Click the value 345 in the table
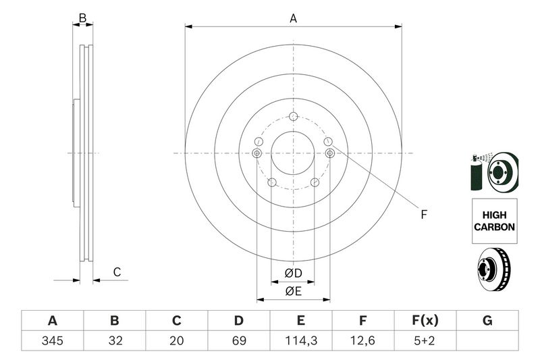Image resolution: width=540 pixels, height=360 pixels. pos(53,340)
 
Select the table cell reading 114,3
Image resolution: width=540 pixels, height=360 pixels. pos(300,340)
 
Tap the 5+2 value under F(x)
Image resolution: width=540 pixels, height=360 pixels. pos(425,340)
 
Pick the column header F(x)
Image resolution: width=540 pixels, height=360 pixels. pos(425,320)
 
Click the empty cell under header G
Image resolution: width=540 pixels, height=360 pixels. pos(487,340)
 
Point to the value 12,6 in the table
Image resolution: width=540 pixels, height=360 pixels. pos(362,340)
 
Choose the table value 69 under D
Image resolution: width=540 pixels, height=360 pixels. pos(239,340)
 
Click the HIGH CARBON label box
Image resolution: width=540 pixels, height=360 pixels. pos(495,221)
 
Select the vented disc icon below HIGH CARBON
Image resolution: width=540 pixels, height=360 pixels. pos(493,269)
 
